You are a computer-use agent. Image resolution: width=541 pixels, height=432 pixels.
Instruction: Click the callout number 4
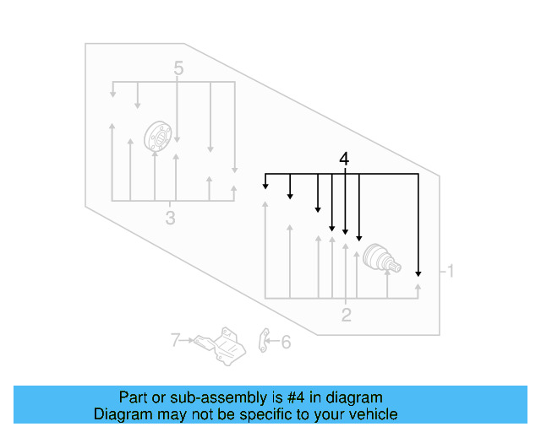343,159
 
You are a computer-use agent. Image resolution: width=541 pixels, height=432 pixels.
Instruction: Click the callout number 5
178,67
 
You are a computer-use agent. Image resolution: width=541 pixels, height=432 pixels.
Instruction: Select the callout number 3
170,219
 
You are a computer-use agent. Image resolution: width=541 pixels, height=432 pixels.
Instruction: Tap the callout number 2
346,316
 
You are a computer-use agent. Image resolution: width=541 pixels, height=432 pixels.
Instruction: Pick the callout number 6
285,342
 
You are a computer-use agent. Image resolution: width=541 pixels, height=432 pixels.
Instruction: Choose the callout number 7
175,341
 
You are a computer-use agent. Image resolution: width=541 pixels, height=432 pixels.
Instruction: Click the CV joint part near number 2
378,260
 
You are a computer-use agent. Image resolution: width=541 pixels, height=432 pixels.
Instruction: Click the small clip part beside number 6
263,340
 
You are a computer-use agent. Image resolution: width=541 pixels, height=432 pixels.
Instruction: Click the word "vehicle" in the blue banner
369,414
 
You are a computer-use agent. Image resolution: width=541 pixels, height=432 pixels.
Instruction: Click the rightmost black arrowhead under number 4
418,273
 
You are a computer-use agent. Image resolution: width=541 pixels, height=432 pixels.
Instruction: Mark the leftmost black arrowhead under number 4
265,185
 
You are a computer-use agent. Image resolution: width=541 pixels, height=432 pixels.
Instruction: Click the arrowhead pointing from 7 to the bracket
190,341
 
